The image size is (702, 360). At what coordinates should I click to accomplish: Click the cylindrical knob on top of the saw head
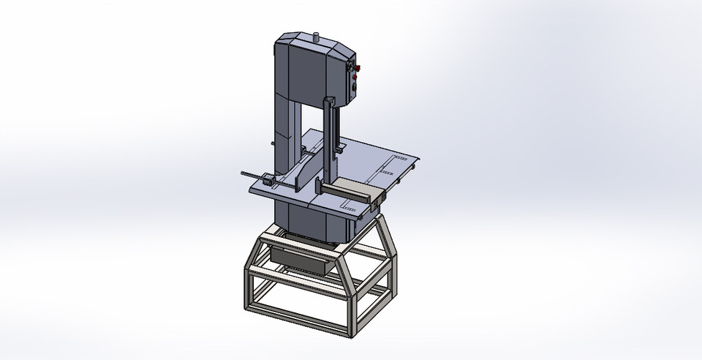[x=317, y=36]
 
